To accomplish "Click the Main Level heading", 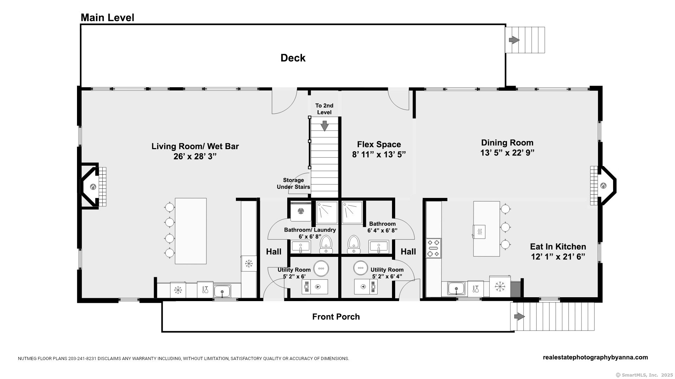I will (x=107, y=18).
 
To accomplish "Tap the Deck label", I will (x=292, y=58).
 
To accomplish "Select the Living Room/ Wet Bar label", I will (x=195, y=146).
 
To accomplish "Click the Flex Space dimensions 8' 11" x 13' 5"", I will (x=379, y=155).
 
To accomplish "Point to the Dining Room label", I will (x=507, y=142).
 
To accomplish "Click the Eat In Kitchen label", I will (x=558, y=247).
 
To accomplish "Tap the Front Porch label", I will (x=336, y=317).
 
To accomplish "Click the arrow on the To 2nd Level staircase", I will (x=324, y=126).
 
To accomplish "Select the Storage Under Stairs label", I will (x=293, y=184).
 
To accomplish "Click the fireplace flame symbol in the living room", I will (x=93, y=187).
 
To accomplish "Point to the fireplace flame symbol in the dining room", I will (x=603, y=186).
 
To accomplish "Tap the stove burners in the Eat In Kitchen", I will (x=433, y=248).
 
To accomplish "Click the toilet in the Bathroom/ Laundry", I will (x=326, y=244).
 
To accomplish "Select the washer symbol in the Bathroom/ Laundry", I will (x=301, y=211).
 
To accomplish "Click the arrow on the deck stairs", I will (x=514, y=40).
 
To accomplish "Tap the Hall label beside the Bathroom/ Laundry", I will (x=274, y=252).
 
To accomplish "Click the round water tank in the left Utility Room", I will (x=321, y=268).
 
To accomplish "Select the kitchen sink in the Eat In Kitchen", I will (x=456, y=289).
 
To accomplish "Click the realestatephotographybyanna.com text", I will (x=595, y=358).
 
